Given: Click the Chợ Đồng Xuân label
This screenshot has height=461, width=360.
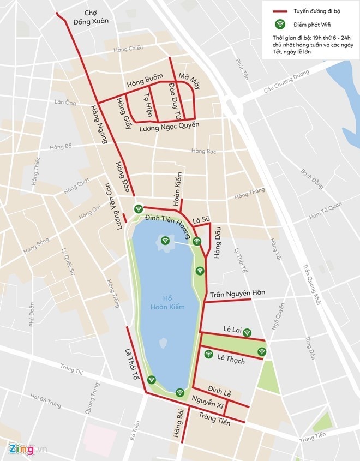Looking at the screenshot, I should tap(97, 16).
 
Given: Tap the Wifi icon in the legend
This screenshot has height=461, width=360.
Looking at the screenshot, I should tap(280, 24).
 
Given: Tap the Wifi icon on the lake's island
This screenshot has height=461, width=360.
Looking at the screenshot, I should tap(165, 239).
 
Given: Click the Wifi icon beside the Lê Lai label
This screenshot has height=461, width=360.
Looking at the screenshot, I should tap(247, 332).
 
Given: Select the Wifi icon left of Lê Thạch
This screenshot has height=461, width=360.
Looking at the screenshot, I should tap(208, 354).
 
